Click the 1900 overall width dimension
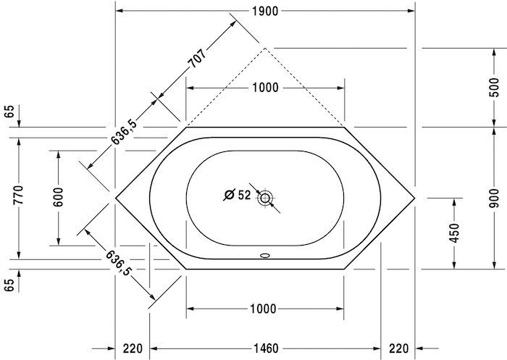[265, 10]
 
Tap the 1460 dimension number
[265, 348]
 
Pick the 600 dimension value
[59, 197]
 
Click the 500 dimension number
[493, 87]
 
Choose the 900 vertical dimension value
[493, 197]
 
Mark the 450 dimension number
[454, 233]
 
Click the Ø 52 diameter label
[237, 195]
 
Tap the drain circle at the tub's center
[266, 197]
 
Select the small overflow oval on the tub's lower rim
[266, 255]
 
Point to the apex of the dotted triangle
[266, 48]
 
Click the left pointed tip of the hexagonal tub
[117, 197]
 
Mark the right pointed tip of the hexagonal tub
[415, 197]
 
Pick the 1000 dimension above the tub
[265, 88]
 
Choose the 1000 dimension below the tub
[265, 309]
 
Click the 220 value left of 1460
[132, 348]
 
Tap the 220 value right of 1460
[399, 348]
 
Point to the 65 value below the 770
[9, 283]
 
